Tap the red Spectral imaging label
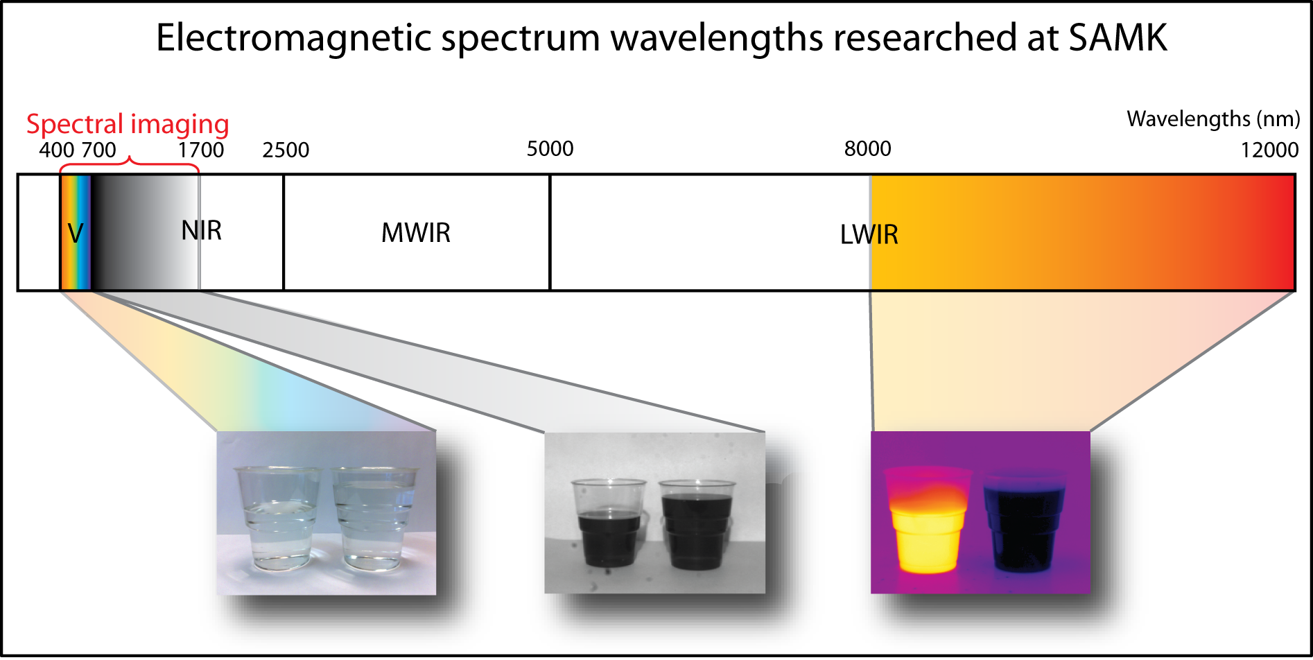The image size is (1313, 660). coord(128,125)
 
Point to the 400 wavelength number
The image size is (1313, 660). coord(56,150)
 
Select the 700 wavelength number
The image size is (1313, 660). coord(98,150)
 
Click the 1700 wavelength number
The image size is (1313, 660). coord(201,150)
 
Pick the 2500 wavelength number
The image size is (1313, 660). coord(286,150)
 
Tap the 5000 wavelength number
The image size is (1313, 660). coord(550,148)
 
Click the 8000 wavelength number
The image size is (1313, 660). coord(868,148)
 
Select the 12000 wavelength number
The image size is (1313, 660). coord(1270,150)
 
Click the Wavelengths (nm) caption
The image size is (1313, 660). coord(1214,119)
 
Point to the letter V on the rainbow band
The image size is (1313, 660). coord(76,234)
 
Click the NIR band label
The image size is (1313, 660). coord(202,230)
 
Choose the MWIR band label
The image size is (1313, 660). coord(416,233)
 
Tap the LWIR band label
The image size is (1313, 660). coord(869,235)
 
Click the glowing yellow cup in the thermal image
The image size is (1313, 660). coord(926,520)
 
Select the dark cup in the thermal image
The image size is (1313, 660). coord(1024,523)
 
